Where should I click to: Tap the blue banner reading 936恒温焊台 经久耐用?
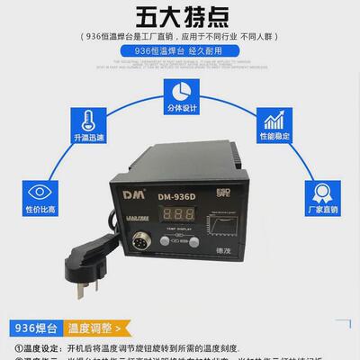[x=180, y=52]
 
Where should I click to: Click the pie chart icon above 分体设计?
[x=180, y=90]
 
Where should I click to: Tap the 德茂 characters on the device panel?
[x=222, y=255]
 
